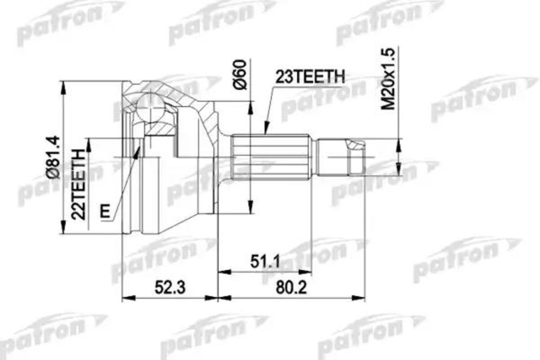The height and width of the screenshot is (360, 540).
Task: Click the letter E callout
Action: point(106,211)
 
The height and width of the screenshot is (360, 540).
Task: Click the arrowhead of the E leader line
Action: point(138,148)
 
